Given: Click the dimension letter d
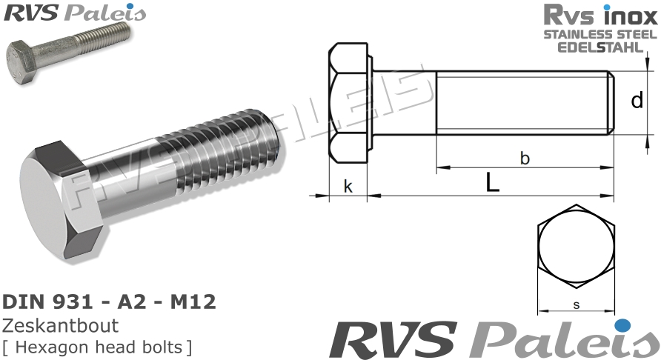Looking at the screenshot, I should (x=637, y=100).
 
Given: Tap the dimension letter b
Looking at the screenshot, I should (x=524, y=158).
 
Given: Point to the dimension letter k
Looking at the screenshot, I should (x=348, y=187).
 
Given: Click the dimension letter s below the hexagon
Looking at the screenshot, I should (x=576, y=304).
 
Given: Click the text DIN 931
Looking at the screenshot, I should (x=44, y=302).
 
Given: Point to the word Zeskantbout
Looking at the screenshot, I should (x=61, y=325).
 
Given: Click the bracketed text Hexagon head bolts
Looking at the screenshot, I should (x=97, y=345).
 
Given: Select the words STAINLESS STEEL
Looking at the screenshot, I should (x=600, y=34).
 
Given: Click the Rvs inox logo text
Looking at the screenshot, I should (x=600, y=15).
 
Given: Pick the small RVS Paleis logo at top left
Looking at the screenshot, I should (x=74, y=13).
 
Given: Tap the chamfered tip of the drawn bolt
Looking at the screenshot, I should (x=611, y=103).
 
